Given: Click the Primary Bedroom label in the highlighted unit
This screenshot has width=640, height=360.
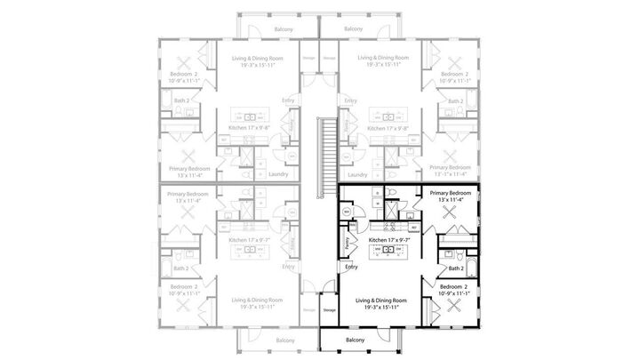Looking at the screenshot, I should tap(450, 193).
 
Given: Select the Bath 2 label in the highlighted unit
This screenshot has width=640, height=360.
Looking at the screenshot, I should tap(456, 268).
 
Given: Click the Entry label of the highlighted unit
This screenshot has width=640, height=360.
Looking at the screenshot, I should tap(351, 267).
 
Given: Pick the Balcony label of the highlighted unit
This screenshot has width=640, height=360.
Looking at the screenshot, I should tap(355, 340).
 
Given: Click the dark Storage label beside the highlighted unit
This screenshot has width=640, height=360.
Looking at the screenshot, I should tap(329, 309).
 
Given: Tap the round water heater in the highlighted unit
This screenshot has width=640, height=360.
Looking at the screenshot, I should tap(347, 212).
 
